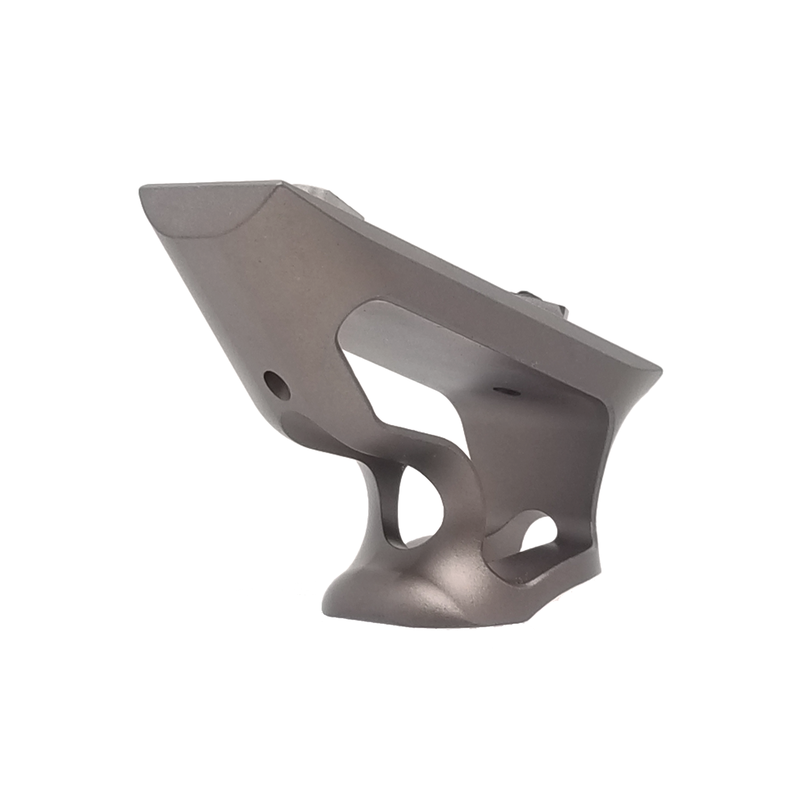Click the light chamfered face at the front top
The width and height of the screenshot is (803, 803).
click(200, 208)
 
